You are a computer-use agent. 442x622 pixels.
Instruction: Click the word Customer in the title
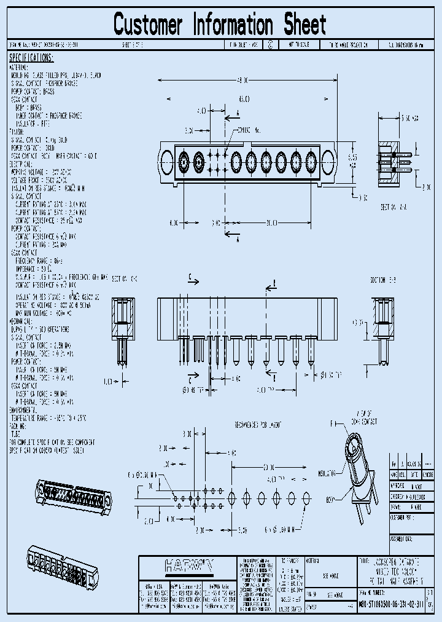pyautogui.click(x=148, y=25)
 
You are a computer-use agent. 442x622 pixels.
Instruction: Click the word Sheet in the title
pyautogui.click(x=304, y=25)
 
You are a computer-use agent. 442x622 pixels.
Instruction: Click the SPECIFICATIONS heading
pyautogui.click(x=31, y=58)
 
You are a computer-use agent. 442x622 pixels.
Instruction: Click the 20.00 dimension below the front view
pyautogui.click(x=272, y=222)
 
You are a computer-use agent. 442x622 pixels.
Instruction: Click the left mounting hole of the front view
pyautogui.click(x=166, y=162)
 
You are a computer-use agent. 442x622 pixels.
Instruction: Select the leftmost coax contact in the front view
pyautogui.click(x=184, y=162)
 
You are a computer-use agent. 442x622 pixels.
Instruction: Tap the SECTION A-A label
pyautogui.click(x=393, y=207)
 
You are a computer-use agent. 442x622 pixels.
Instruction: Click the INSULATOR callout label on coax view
pyautogui.click(x=327, y=473)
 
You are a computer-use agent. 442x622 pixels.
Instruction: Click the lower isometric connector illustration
pyautogui.click(x=61, y=565)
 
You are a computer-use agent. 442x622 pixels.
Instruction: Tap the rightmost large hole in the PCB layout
pyautogui.click(x=305, y=496)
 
